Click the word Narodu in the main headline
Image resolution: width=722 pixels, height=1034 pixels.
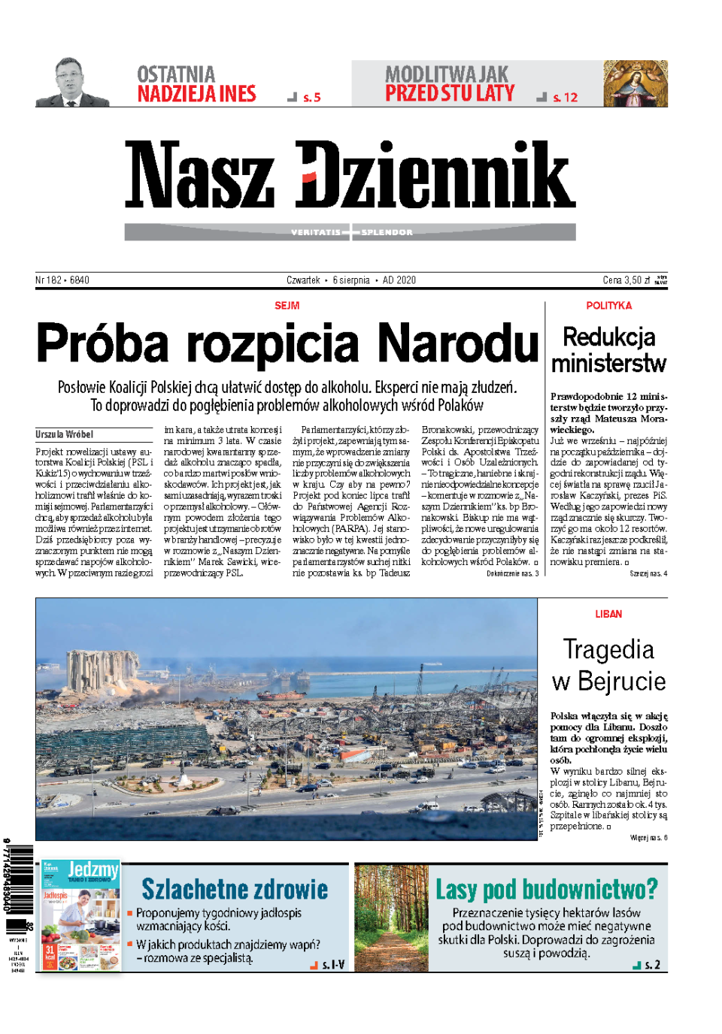[x=458, y=343]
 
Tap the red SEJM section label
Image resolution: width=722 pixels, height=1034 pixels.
[x=287, y=306]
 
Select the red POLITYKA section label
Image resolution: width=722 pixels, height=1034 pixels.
[x=608, y=306]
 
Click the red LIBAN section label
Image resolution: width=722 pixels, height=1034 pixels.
[x=608, y=614]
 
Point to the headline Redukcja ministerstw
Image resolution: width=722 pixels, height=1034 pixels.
[x=608, y=350]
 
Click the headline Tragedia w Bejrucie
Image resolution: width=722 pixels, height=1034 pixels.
[x=608, y=665]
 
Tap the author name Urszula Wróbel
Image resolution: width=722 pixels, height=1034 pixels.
[x=65, y=434]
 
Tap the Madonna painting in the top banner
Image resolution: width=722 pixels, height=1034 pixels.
[x=635, y=83]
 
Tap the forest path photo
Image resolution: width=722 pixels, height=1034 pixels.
[x=391, y=918]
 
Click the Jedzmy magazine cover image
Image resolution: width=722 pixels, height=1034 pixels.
[x=80, y=917]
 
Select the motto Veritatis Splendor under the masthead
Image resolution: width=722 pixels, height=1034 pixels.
[x=351, y=232]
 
